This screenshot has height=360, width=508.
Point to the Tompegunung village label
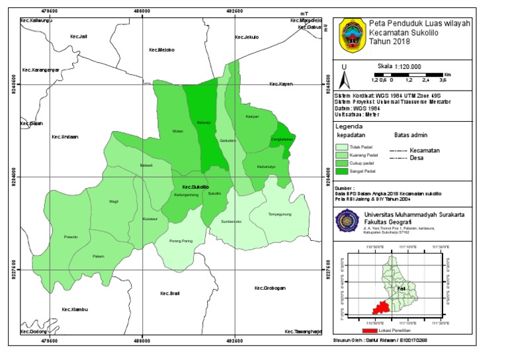tap(280, 214)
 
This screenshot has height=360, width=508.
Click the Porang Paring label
tap(181, 241)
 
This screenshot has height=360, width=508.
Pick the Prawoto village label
tap(71, 236)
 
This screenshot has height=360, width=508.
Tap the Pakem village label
tap(99, 255)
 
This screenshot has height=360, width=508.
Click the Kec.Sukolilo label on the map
tap(196, 187)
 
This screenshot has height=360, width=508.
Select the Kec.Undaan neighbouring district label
tap(65, 137)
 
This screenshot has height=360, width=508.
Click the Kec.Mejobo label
tap(161, 49)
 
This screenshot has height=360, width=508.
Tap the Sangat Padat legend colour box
tap(341, 172)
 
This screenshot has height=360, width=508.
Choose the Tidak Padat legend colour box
tap(341, 147)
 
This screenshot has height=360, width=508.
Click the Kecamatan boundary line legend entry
tap(399, 150)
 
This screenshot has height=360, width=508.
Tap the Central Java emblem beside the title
tap(351, 35)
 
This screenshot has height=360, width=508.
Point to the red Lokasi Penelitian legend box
tap(369, 330)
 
